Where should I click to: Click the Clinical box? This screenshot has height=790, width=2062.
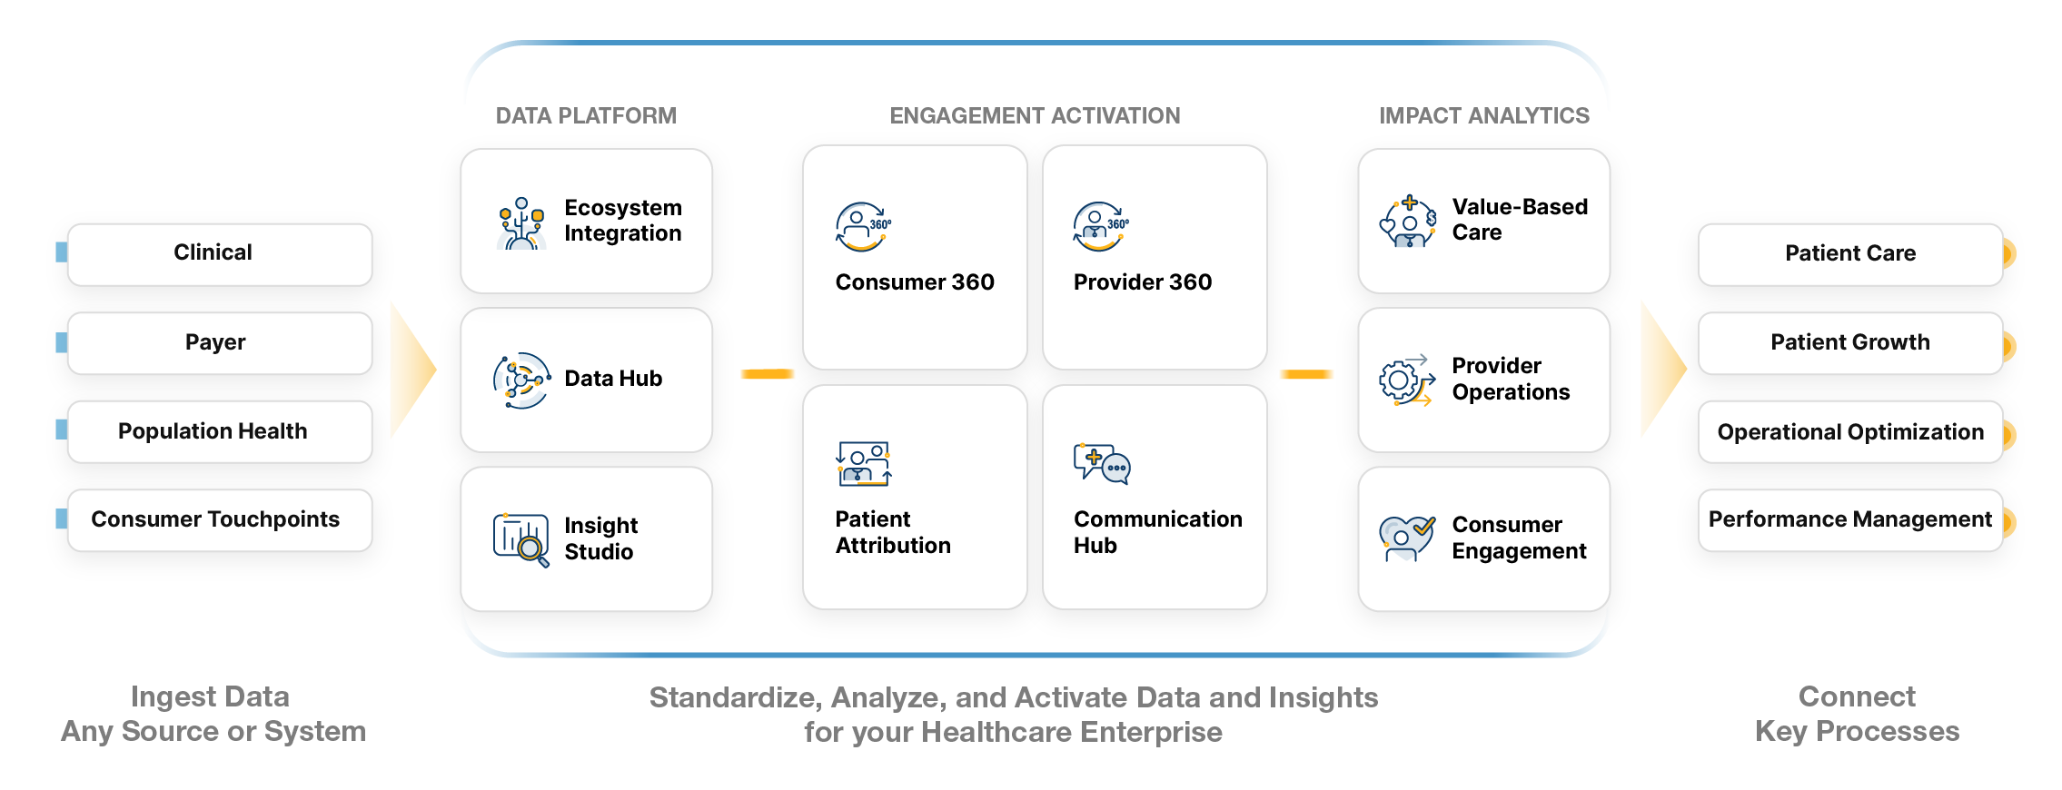[219, 253]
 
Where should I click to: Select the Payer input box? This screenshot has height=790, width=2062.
[219, 342]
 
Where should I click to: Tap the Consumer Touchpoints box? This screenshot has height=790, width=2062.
[219, 519]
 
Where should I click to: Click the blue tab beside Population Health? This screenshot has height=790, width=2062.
[61, 430]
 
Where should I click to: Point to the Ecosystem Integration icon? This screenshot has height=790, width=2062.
[521, 222]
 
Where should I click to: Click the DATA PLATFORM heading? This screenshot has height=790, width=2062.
[586, 116]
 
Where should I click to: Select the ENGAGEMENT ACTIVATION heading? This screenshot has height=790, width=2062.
[1035, 116]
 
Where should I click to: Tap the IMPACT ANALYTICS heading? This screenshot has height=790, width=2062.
[1484, 116]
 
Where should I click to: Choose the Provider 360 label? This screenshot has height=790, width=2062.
[1142, 282]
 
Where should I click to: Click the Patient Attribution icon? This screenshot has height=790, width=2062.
[863, 464]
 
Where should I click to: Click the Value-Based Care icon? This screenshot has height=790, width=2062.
[1407, 222]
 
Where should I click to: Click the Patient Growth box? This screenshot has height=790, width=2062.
[1850, 342]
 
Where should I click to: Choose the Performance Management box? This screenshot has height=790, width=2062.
[1850, 519]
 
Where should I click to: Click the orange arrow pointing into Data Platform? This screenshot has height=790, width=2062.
[411, 370]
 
